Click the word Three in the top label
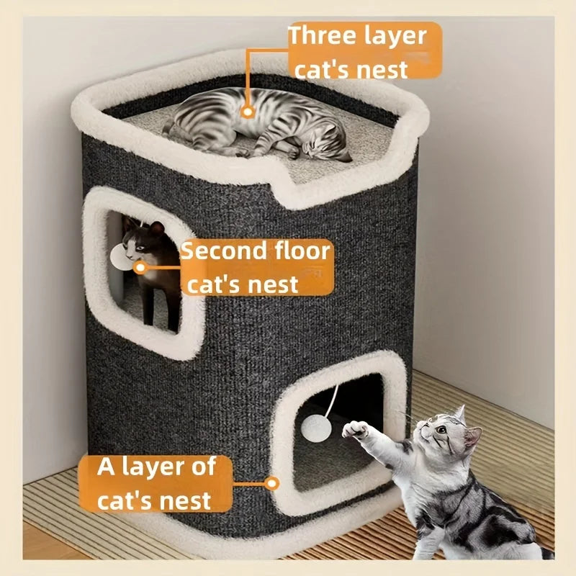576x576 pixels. [318, 35]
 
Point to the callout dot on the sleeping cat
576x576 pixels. [248, 112]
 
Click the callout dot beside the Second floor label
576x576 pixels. [140, 267]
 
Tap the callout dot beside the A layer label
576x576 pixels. [272, 483]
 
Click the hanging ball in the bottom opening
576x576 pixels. [316, 426]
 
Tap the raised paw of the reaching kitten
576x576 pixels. [356, 430]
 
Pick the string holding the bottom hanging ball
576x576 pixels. [331, 400]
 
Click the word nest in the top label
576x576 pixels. [382, 70]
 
